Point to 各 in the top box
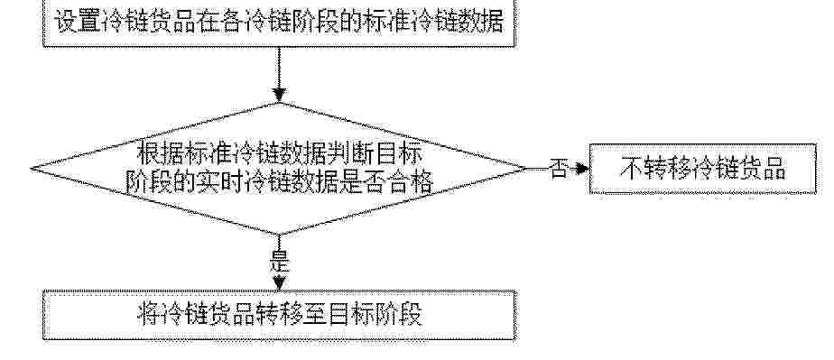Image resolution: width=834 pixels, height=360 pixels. coord(231,22)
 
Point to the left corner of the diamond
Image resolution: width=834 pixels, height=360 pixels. coord(32,169)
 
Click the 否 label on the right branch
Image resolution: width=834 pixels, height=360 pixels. coord(558,169)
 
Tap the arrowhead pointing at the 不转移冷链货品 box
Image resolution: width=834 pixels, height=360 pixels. coord(582,169)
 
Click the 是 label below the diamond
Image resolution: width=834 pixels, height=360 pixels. coord(280,262)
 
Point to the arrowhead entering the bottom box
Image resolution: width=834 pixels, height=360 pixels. coord(278,283)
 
